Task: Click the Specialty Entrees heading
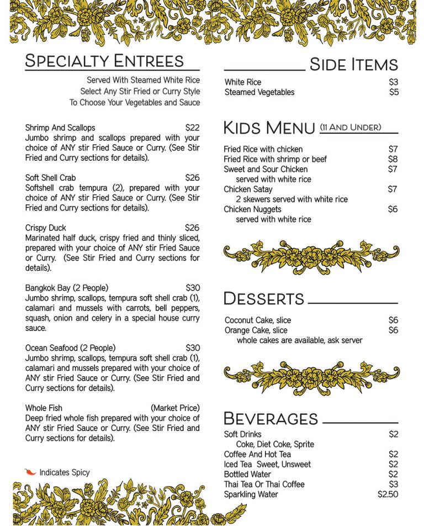(x=104, y=60)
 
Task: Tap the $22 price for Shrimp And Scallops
(x=192, y=128)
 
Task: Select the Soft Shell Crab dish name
(x=51, y=178)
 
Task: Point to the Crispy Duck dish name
(x=46, y=228)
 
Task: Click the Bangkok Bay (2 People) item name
(x=67, y=288)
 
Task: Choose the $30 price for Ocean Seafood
(x=192, y=348)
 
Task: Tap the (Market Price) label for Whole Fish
(x=175, y=408)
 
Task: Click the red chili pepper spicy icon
(x=30, y=472)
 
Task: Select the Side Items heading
(x=353, y=65)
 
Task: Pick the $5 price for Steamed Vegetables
(x=393, y=92)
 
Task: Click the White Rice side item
(x=243, y=82)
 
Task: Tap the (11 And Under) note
(x=351, y=128)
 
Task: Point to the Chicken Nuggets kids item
(x=252, y=209)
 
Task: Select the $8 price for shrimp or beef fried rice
(x=393, y=159)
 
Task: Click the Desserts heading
(x=264, y=299)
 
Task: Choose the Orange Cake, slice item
(x=256, y=330)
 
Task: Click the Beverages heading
(x=271, y=418)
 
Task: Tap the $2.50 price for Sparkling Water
(x=388, y=495)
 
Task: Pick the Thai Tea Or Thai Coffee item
(x=264, y=485)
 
